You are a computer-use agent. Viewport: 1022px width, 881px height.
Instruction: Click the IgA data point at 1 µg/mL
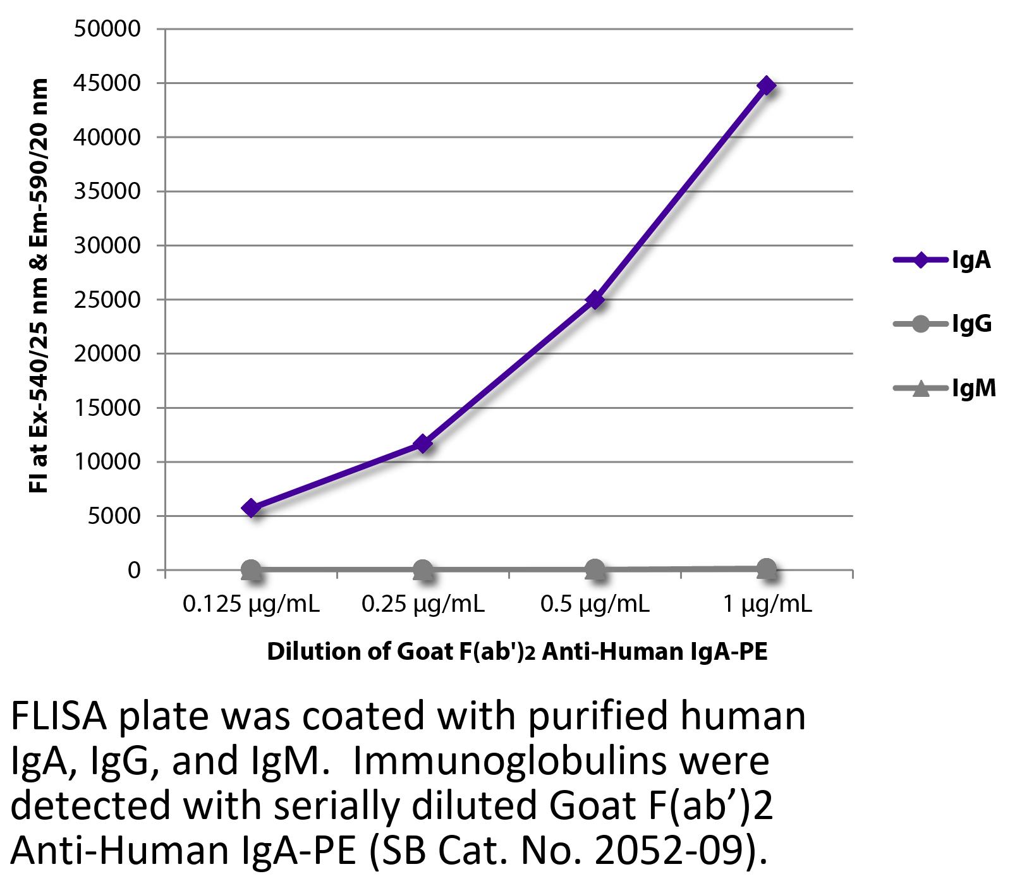(767, 85)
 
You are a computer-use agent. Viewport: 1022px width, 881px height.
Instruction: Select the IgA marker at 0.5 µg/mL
(595, 300)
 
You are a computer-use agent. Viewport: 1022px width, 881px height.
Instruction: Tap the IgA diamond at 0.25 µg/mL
(423, 444)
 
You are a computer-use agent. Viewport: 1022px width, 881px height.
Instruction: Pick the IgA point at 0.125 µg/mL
(251, 507)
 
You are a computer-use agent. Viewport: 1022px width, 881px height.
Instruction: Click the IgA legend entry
(942, 260)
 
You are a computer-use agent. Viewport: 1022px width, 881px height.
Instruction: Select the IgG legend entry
(942, 324)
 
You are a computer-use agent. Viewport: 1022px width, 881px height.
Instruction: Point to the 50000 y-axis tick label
(107, 28)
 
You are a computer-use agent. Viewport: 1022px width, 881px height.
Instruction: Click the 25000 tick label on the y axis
(107, 300)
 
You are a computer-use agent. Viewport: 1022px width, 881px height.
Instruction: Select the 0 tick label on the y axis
(133, 570)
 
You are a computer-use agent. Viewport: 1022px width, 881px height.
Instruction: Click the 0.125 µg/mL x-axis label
(251, 605)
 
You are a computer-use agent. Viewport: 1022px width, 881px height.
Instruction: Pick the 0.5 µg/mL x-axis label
(595, 605)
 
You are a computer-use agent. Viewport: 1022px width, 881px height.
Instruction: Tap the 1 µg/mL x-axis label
(767, 605)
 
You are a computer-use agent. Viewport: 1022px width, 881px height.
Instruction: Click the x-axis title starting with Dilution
(517, 652)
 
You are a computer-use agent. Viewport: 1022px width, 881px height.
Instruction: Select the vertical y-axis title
(39, 285)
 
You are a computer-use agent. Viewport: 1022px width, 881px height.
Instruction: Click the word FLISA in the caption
(58, 717)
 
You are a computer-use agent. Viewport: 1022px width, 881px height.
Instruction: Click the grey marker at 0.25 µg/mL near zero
(423, 570)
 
